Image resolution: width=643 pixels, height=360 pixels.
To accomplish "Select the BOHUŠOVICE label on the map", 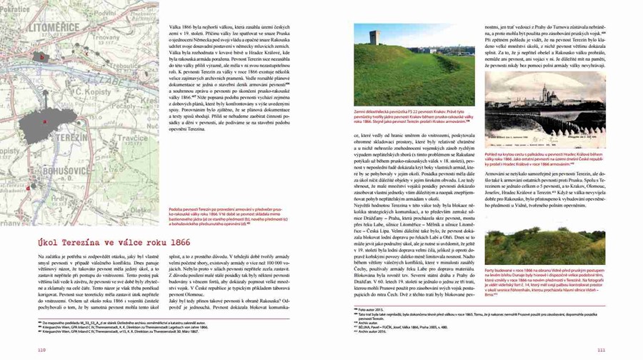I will pyautogui.click(x=60, y=171).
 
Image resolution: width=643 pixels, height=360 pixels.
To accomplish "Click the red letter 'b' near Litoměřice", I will pyautogui.click(x=42, y=56).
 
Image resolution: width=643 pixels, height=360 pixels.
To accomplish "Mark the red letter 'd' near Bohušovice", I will pyautogui.click(x=27, y=188).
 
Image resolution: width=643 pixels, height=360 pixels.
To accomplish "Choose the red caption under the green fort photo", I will pyautogui.click(x=404, y=118).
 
